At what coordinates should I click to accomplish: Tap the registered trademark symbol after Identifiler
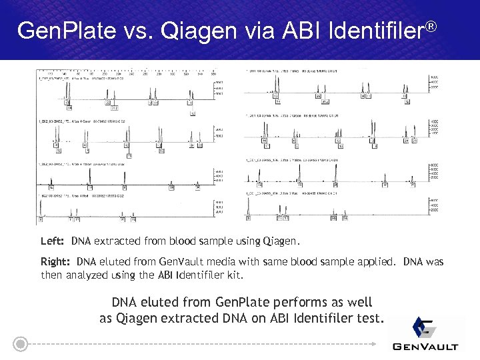coord(432,25)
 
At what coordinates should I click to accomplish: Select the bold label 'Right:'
coord(56,262)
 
